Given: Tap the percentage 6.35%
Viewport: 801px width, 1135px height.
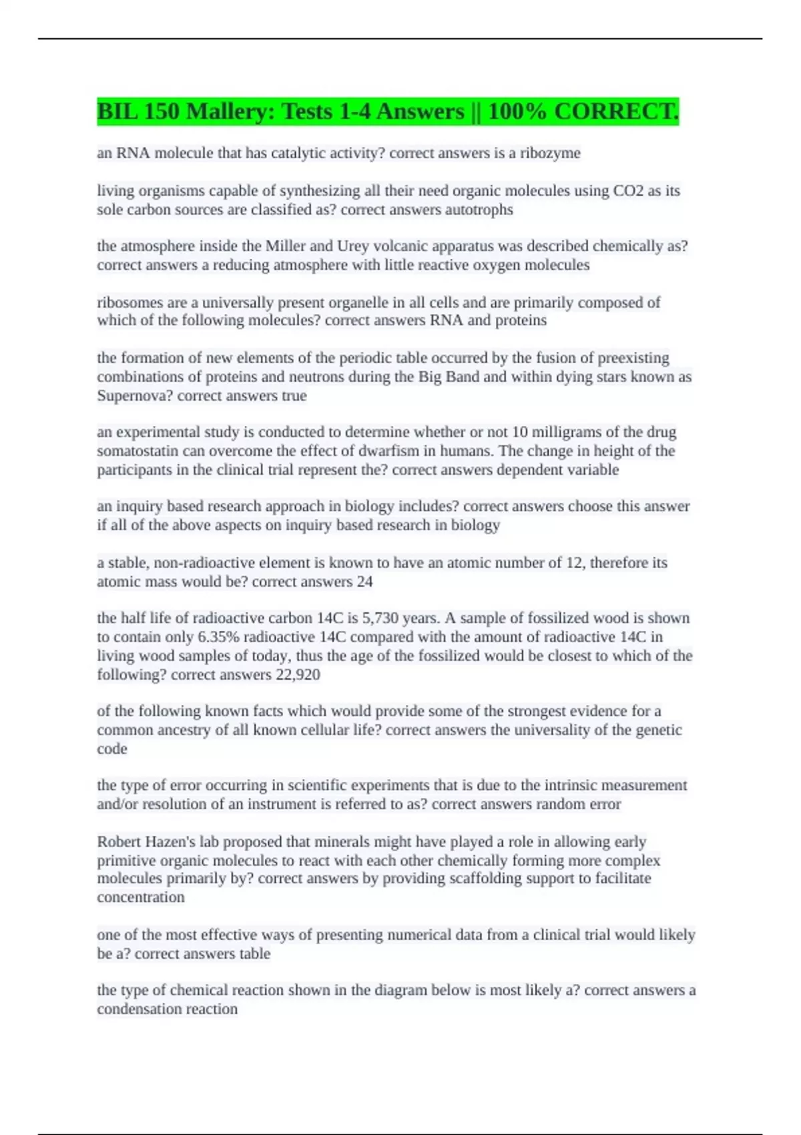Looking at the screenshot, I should tap(218, 637).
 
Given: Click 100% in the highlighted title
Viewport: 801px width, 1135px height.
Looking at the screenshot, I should tap(517, 111).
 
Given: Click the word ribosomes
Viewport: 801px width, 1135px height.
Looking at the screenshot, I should tap(129, 303).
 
